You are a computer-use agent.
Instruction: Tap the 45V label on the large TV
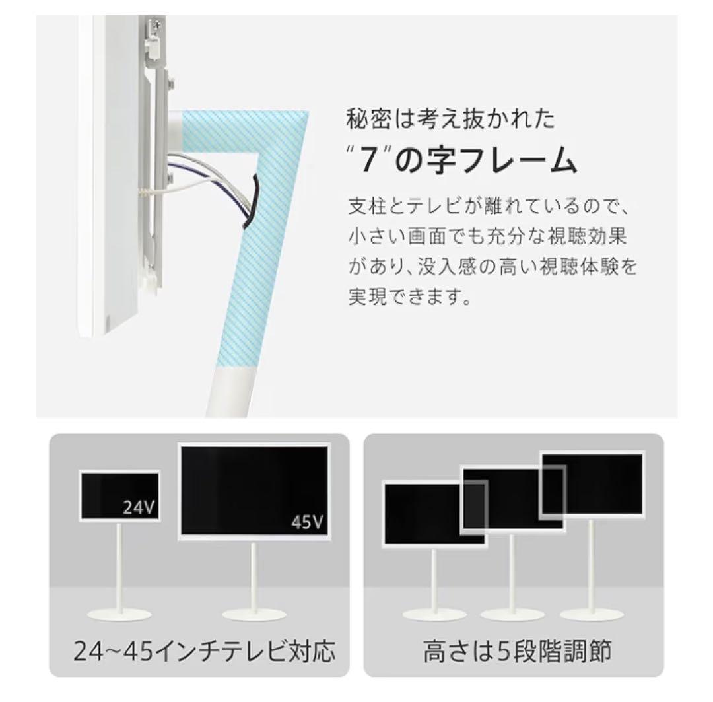(308, 524)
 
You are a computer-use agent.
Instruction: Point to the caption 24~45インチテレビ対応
(199, 651)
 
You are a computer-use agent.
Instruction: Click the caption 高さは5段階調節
(517, 651)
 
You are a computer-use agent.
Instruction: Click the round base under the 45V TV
(254, 614)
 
